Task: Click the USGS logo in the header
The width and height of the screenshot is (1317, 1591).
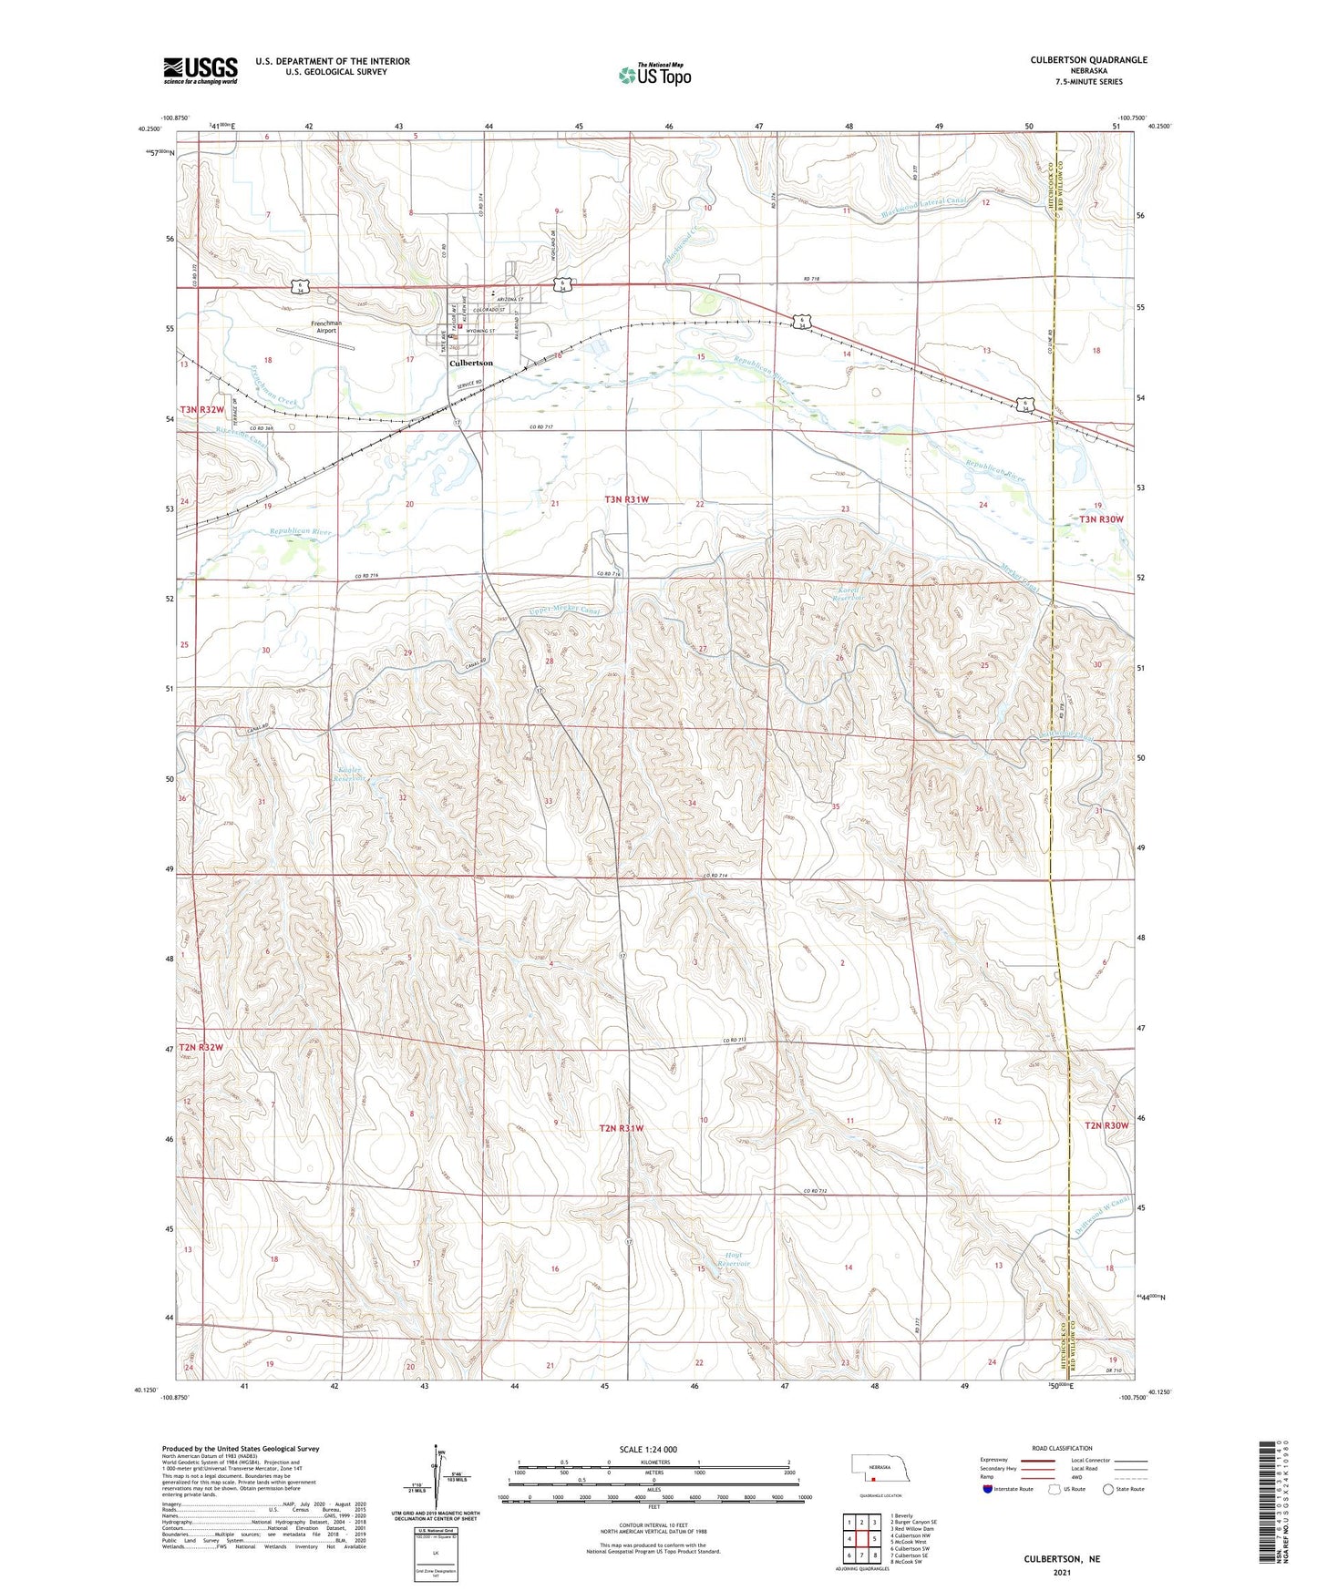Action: (201, 69)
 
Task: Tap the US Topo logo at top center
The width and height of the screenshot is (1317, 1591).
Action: (653, 74)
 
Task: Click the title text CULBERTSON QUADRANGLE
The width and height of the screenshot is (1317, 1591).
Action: (1088, 60)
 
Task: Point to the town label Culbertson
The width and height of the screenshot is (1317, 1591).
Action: (470, 363)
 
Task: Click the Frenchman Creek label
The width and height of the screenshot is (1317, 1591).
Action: (274, 385)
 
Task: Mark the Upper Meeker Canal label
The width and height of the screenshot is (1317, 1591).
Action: (565, 611)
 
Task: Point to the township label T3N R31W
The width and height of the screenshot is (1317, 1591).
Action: (627, 499)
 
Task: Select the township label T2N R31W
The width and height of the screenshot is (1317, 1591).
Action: (622, 1128)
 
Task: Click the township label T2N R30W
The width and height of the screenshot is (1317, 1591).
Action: (1106, 1126)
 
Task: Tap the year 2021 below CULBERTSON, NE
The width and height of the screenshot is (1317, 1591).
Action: (1062, 1573)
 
